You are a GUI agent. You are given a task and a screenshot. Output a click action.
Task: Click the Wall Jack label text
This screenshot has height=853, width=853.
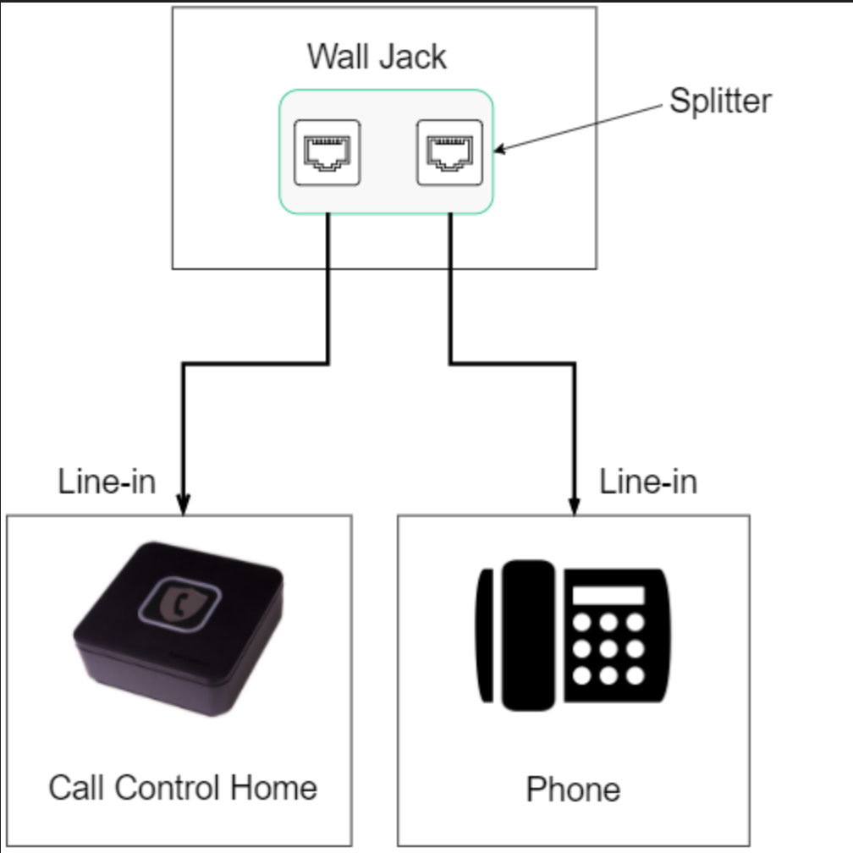(377, 57)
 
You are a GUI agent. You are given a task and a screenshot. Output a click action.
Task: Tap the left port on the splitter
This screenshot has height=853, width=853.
(326, 152)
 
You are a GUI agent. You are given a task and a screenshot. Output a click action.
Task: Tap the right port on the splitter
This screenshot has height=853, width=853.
(449, 152)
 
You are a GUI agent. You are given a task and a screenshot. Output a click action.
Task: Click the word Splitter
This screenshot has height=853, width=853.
(720, 101)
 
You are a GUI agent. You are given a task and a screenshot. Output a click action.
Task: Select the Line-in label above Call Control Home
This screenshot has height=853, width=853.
(107, 482)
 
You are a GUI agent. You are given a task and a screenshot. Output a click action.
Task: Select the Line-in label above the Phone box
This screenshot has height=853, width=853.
(648, 482)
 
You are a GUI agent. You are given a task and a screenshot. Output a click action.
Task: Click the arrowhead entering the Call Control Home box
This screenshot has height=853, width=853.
(184, 505)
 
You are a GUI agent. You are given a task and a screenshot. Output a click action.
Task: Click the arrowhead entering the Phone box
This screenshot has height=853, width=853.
(575, 505)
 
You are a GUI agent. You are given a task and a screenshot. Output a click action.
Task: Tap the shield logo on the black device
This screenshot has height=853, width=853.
(179, 604)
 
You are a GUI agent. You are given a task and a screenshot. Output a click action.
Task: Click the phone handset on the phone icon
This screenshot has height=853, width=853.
(526, 635)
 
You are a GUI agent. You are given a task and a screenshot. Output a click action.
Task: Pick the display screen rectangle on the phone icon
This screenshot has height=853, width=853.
(608, 595)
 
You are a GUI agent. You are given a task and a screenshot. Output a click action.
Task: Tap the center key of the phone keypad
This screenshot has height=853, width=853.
(608, 649)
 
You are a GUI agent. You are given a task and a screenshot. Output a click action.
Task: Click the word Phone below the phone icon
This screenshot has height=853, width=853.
(573, 790)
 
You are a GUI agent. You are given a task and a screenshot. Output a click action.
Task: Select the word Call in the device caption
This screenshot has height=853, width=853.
(76, 787)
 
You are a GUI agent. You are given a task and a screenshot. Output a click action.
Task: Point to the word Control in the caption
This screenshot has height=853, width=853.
(166, 787)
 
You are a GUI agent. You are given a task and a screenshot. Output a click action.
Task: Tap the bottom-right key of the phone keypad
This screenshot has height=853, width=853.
(635, 675)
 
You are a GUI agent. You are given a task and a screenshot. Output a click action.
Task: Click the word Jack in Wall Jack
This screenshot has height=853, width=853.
(412, 57)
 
